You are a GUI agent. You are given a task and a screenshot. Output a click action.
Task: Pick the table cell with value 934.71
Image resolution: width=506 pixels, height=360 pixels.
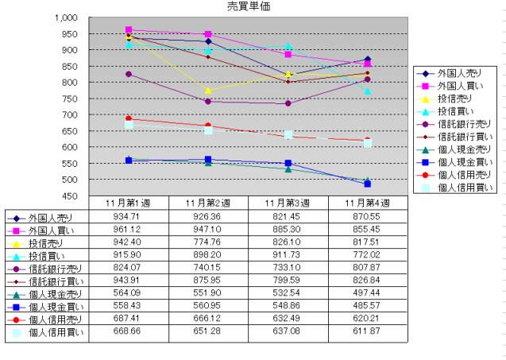pyautogui.click(x=129, y=217)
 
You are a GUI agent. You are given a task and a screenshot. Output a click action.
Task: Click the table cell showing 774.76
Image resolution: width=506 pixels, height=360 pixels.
pyautogui.click(x=208, y=242)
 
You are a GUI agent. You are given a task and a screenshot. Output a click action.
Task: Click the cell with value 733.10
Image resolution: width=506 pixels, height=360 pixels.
pyautogui.click(x=288, y=269)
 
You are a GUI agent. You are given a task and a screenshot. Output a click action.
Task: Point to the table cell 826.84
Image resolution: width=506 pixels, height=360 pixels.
pyautogui.click(x=369, y=281)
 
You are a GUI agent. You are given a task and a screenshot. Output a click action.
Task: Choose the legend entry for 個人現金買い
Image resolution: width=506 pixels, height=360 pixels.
pyautogui.click(x=459, y=162)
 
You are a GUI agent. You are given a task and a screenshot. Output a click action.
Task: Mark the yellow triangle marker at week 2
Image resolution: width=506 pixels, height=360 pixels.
pyautogui.click(x=208, y=91)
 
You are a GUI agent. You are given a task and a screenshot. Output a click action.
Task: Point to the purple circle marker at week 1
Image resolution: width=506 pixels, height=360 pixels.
pyautogui.click(x=129, y=75)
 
